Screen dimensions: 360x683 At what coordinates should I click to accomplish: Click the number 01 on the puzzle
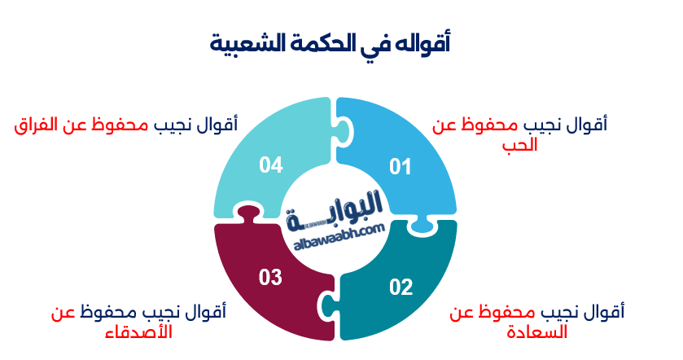(x=400, y=168)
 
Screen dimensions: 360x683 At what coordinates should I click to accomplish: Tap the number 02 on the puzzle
(x=401, y=287)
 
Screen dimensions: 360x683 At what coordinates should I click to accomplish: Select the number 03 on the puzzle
(x=270, y=277)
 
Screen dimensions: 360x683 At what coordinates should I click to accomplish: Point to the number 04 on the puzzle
(x=270, y=165)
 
